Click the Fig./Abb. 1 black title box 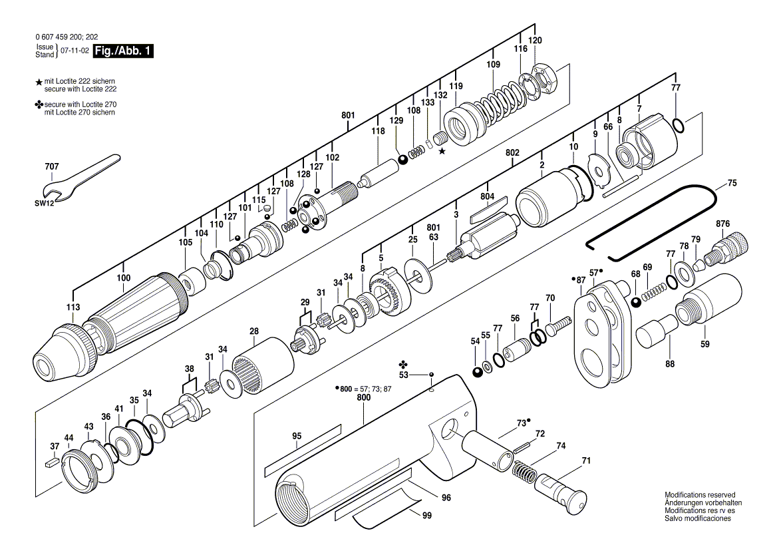click(124, 51)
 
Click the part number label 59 click(705, 344)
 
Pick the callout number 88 click(669, 364)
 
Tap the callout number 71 click(586, 460)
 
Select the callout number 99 click(426, 514)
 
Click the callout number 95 click(297, 436)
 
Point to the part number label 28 click(254, 331)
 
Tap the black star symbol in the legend click(39, 81)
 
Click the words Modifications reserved click(700, 495)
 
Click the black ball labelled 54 click(477, 371)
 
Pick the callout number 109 click(493, 65)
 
